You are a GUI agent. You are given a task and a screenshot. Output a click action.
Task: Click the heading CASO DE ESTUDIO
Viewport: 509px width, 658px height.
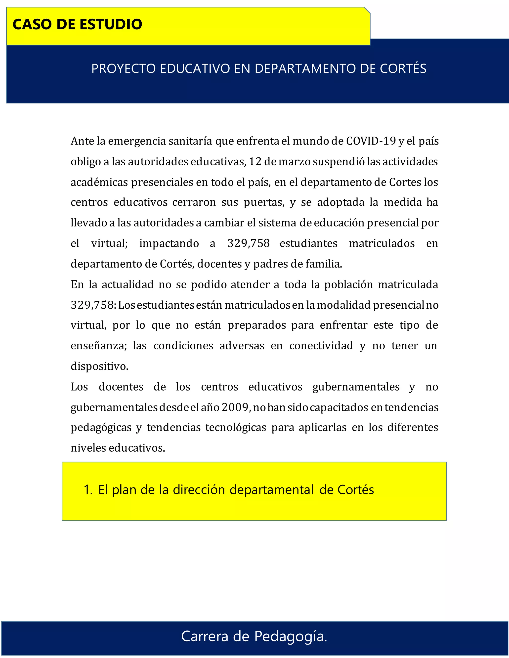coord(77,24)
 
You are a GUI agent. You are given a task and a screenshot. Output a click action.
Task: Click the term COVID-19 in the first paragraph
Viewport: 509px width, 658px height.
coord(371,141)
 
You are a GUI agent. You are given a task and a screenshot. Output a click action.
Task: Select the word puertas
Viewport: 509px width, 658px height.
coord(264,202)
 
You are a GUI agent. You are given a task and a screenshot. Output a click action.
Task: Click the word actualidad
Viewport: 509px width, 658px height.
coord(127,284)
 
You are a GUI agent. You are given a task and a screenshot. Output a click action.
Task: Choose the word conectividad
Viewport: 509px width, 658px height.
coord(321,346)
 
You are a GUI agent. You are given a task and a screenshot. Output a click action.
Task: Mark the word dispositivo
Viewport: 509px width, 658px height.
coord(99,366)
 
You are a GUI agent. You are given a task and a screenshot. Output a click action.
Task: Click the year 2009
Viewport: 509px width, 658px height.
coord(235,407)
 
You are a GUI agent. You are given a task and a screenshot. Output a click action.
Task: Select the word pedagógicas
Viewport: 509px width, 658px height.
coord(101,428)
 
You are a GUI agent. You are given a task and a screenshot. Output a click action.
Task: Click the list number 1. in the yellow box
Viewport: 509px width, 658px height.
coord(88,490)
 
